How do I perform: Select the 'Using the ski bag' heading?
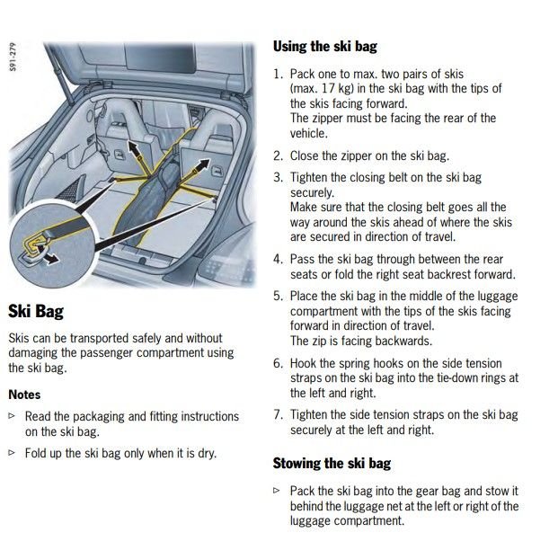pos(324,46)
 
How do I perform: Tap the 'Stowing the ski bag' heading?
pos(332,464)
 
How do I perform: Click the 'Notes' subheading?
pos(24,394)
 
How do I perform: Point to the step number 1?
pos(278,74)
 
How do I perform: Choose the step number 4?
pos(278,259)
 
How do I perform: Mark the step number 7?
pos(278,414)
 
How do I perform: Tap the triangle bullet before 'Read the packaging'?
pos(12,416)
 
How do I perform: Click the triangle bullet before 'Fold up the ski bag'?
pos(12,452)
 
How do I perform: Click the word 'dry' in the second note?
pos(207,452)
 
